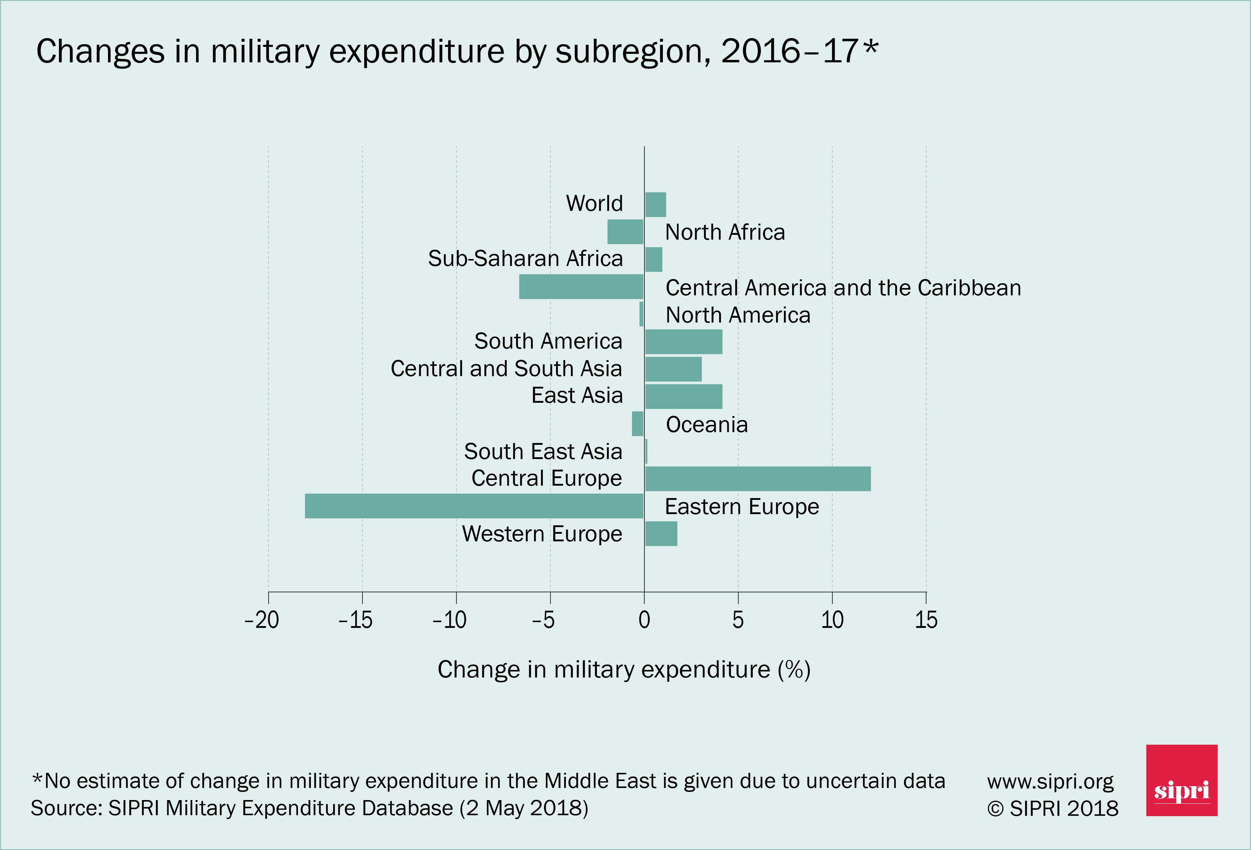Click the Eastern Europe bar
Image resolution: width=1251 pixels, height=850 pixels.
474,506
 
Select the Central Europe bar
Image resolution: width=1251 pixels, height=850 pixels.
757,479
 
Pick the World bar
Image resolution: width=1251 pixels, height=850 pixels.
655,205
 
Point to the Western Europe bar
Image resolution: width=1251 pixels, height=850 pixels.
661,533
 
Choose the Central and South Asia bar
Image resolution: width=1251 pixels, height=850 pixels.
673,369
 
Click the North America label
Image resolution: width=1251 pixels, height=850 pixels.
738,315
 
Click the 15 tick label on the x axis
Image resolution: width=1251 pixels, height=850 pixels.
926,620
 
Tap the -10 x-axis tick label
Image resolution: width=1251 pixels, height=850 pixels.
450,620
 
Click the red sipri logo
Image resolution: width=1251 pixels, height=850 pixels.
1181,780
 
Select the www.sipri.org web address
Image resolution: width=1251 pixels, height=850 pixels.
1050,781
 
